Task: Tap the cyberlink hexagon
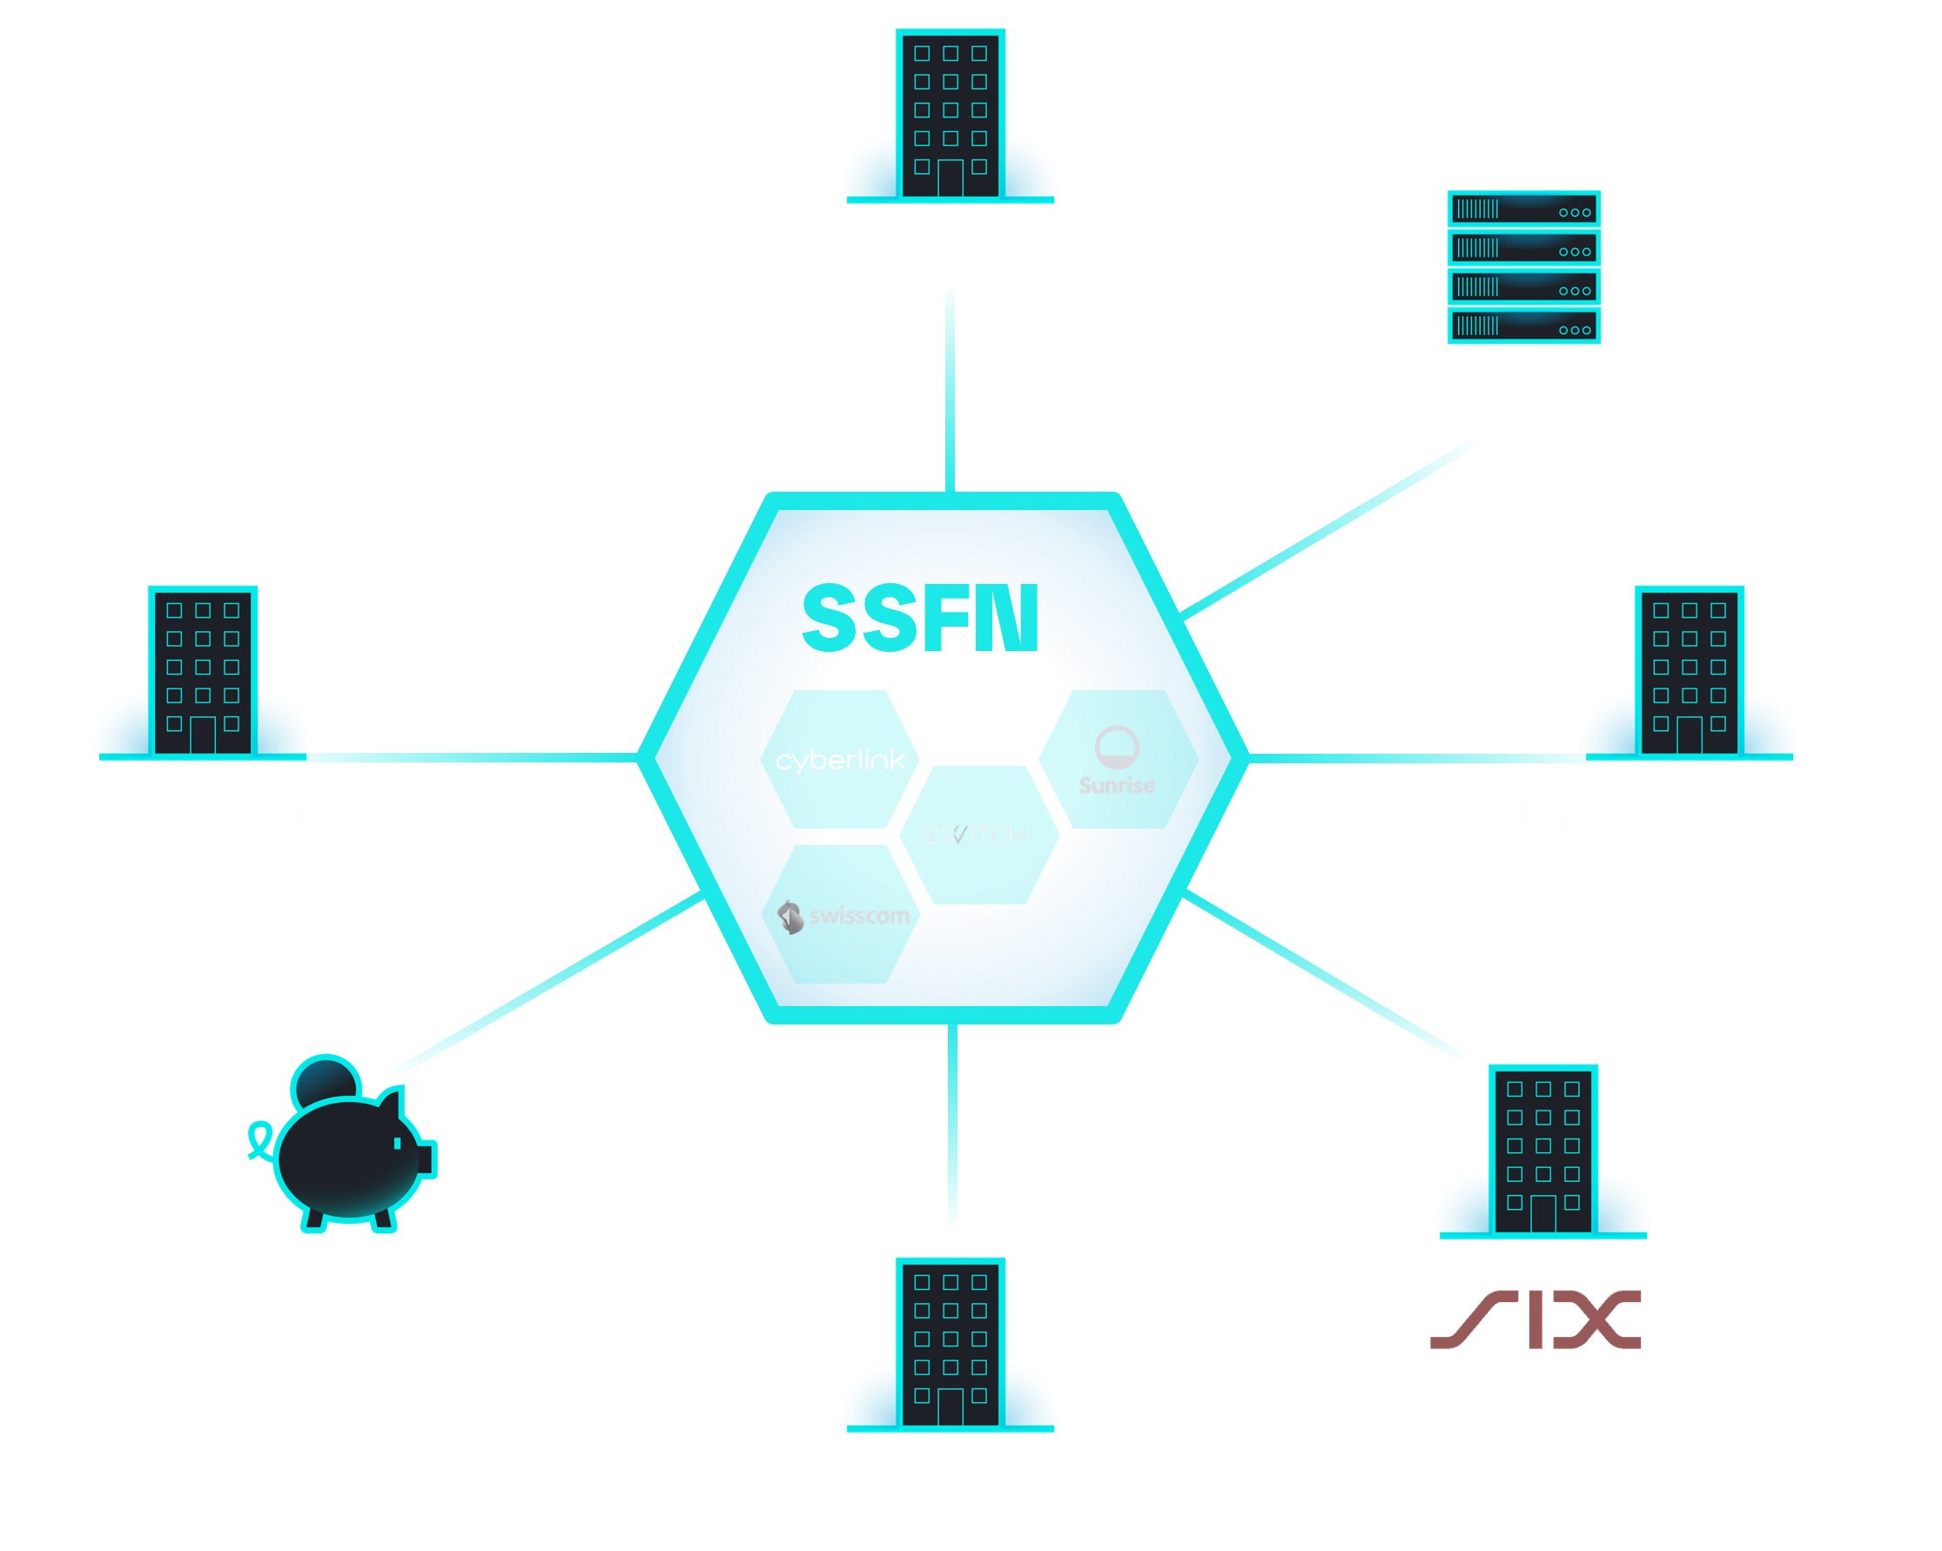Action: click(x=840, y=759)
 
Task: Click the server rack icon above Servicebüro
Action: click(x=1523, y=266)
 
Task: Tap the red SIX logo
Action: click(x=1535, y=1319)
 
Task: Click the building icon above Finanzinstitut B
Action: click(x=950, y=114)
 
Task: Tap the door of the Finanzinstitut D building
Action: click(x=951, y=1406)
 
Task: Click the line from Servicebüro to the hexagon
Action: click(x=1328, y=528)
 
